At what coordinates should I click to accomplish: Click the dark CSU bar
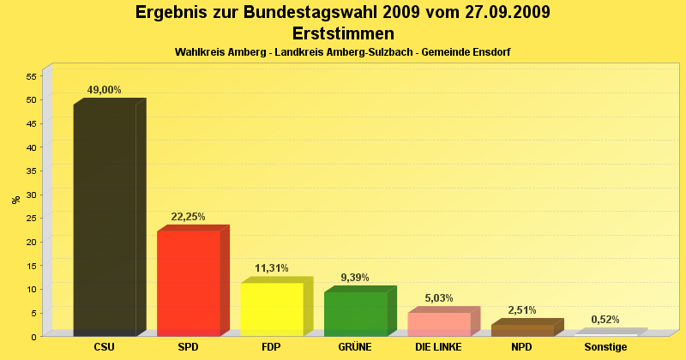(105, 219)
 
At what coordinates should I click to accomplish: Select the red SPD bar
(189, 283)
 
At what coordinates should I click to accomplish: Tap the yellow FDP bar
(272, 309)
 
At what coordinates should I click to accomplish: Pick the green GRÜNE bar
(356, 314)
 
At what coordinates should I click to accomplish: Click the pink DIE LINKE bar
(439, 324)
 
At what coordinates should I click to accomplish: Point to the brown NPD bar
(522, 330)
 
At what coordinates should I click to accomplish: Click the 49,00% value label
(105, 90)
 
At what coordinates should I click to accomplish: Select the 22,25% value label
(189, 217)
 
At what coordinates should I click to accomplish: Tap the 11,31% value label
(272, 268)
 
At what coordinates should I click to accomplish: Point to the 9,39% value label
(355, 278)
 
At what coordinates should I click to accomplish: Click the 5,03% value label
(439, 298)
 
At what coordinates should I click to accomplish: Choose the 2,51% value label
(522, 310)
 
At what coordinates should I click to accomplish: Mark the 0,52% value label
(605, 320)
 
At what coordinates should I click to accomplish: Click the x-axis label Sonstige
(605, 347)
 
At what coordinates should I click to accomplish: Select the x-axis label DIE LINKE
(438, 347)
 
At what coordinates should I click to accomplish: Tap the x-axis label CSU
(105, 347)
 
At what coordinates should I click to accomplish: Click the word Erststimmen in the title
(343, 33)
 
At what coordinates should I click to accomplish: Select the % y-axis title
(15, 200)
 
